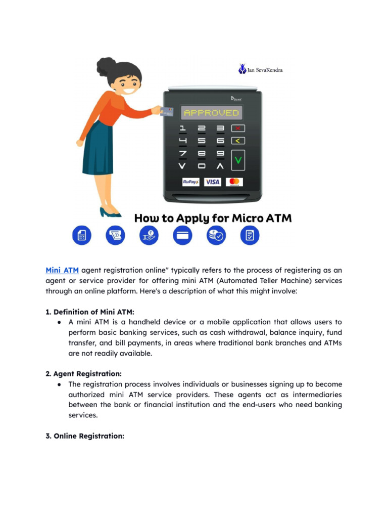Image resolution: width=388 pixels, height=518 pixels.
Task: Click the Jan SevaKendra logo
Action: (x=261, y=69)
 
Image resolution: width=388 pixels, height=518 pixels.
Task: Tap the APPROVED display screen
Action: (x=211, y=113)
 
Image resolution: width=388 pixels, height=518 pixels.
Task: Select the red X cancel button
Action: (x=238, y=128)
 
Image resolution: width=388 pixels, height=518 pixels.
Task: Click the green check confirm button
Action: (x=238, y=160)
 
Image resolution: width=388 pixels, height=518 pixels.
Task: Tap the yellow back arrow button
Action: (x=238, y=141)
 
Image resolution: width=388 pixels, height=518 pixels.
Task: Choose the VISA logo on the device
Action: (x=212, y=182)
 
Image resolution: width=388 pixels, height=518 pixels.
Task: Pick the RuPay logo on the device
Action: (x=190, y=182)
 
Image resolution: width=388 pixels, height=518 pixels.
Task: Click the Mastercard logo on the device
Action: (x=234, y=182)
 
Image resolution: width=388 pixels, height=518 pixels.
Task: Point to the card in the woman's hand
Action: (x=167, y=111)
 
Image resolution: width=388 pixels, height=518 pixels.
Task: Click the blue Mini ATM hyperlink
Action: (x=62, y=271)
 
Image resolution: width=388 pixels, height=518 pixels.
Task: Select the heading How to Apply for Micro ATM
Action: (x=213, y=218)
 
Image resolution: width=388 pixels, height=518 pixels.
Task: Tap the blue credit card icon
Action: (x=182, y=235)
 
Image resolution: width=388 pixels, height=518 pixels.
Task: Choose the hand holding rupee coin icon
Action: (x=149, y=235)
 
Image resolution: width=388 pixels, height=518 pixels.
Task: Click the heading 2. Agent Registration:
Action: (x=83, y=374)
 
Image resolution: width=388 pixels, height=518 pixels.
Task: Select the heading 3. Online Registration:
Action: (x=85, y=436)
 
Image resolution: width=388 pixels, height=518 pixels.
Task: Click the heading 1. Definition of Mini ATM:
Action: (x=90, y=312)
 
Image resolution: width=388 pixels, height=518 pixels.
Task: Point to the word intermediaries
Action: (x=311, y=395)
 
